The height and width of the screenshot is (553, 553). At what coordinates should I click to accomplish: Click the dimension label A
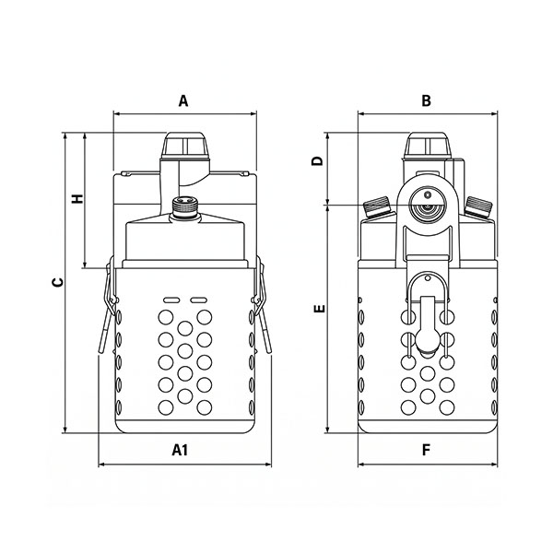[x=183, y=100]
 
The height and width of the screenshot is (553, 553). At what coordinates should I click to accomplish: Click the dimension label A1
[x=180, y=450]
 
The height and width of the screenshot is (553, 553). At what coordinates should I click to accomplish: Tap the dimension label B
[x=427, y=100]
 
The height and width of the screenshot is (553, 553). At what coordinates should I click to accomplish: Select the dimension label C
[x=58, y=282]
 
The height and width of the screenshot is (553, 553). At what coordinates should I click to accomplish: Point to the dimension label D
[x=318, y=161]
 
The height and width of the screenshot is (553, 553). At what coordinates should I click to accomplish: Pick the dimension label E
[x=320, y=310]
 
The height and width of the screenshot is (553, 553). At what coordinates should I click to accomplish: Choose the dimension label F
[x=427, y=450]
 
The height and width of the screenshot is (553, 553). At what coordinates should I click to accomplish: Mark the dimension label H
[x=77, y=198]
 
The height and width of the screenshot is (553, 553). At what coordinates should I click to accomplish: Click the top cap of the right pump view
[x=428, y=145]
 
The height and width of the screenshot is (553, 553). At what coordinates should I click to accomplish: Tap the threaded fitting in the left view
[x=185, y=208]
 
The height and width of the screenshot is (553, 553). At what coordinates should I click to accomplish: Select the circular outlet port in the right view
[x=428, y=205]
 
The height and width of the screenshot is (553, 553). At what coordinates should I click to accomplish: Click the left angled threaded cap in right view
[x=377, y=206]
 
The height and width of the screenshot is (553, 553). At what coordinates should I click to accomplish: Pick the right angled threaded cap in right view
[x=478, y=206]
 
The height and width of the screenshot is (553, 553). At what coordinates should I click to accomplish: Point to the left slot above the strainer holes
[x=171, y=300]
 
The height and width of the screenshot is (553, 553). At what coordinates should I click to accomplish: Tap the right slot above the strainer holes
[x=198, y=300]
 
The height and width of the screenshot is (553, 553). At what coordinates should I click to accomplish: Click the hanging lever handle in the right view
[x=428, y=324]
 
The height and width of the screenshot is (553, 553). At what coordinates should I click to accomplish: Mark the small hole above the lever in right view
[x=428, y=278]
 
